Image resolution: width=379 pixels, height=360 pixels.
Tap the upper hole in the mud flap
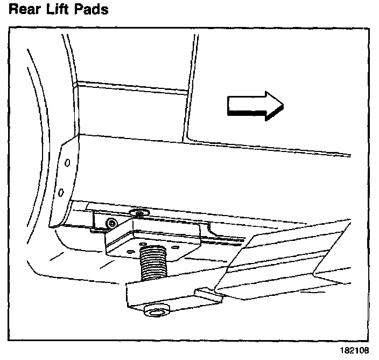[x=66, y=162]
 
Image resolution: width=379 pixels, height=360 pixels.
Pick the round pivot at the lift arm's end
[x=157, y=313]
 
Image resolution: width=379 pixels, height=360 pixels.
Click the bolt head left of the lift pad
[x=111, y=222]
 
